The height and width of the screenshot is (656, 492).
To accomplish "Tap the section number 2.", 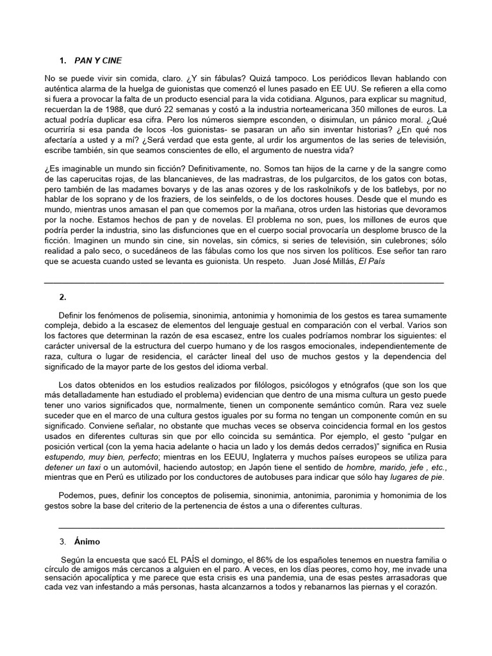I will pos(62,297).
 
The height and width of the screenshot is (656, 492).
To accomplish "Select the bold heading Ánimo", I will pos(88,541).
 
